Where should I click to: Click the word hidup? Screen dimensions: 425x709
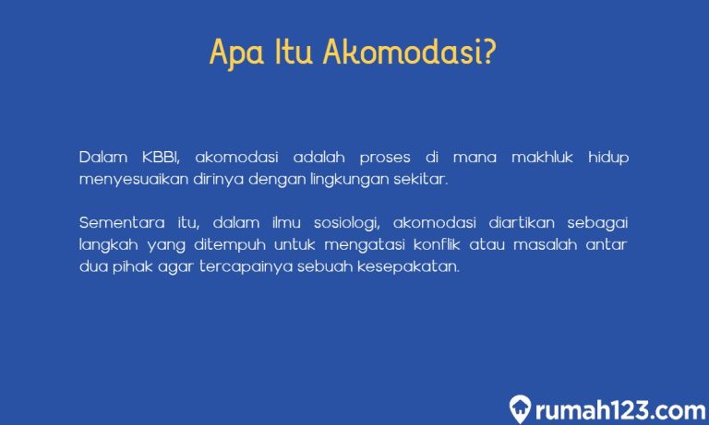click(608, 158)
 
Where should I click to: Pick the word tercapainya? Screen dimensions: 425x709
click(231, 267)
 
